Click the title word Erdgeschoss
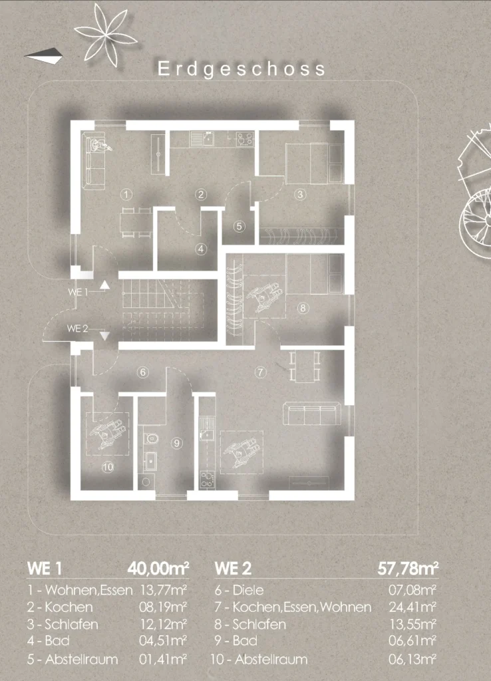pyautogui.click(x=242, y=69)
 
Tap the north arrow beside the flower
pyautogui.click(x=43, y=56)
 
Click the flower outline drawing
pyautogui.click(x=106, y=34)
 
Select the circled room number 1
pyautogui.click(x=126, y=194)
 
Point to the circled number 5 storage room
pyautogui.click(x=239, y=226)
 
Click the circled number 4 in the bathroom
pyautogui.click(x=201, y=249)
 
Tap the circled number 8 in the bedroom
pyautogui.click(x=303, y=308)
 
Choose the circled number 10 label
pyautogui.click(x=108, y=467)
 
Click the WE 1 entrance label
pyautogui.click(x=79, y=293)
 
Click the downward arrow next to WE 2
pyautogui.click(x=104, y=335)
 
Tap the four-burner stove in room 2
pyautogui.click(x=245, y=139)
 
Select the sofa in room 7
pyautogui.click(x=311, y=414)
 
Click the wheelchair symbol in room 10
pyautogui.click(x=108, y=432)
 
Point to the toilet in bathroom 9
pyautogui.click(x=150, y=439)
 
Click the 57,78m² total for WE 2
pyautogui.click(x=408, y=568)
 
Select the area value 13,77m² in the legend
pyautogui.click(x=163, y=590)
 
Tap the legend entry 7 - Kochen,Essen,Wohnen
pyautogui.click(x=293, y=607)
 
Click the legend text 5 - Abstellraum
pyautogui.click(x=73, y=659)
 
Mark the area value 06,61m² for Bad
pyautogui.click(x=412, y=640)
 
